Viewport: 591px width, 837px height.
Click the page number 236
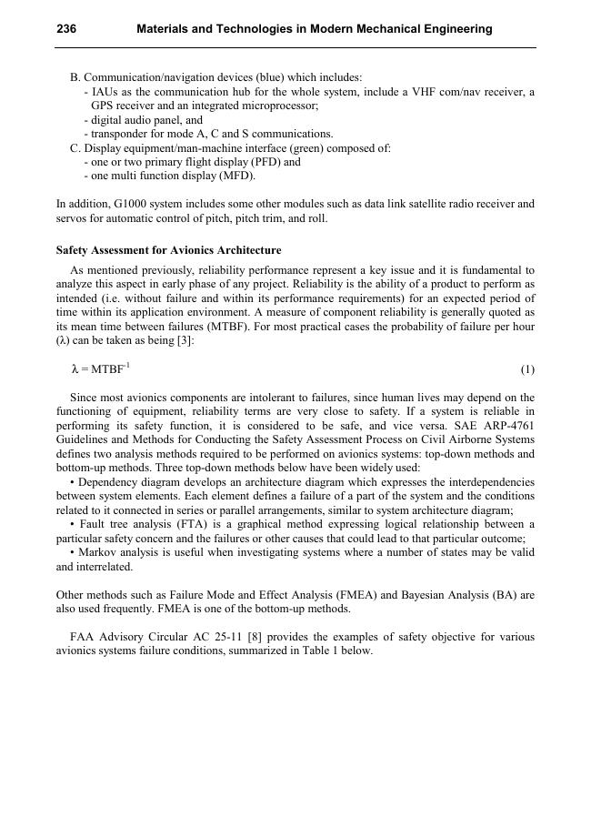click(66, 29)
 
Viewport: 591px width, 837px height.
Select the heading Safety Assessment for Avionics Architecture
click(168, 250)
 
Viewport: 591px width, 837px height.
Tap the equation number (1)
click(527, 369)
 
